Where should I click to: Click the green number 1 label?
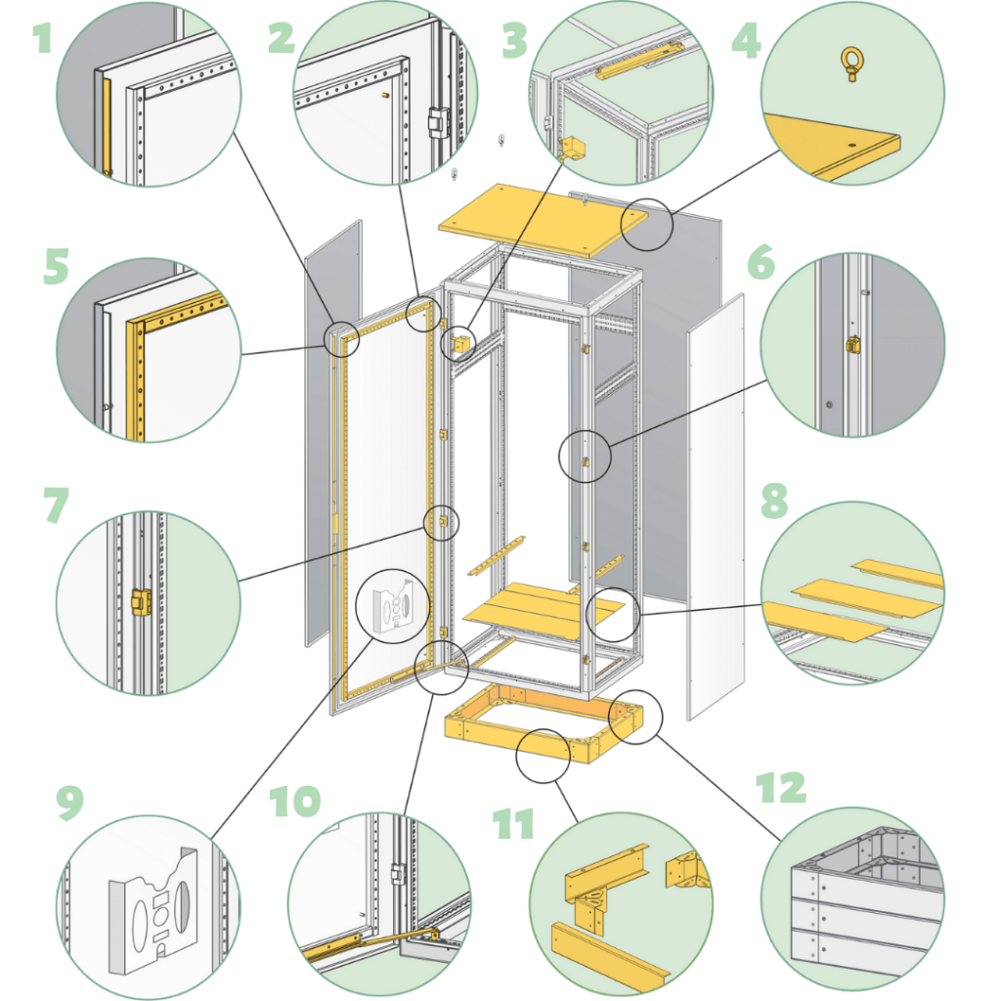pyautogui.click(x=42, y=38)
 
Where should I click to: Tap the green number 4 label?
pyautogui.click(x=746, y=41)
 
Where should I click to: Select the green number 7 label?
pyautogui.click(x=56, y=505)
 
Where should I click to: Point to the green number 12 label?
pyautogui.click(x=781, y=788)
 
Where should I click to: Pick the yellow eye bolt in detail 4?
pyautogui.click(x=852, y=65)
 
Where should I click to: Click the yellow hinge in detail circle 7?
pyautogui.click(x=141, y=601)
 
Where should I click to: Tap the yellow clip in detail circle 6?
pyautogui.click(x=852, y=345)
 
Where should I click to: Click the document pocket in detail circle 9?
pyautogui.click(x=153, y=909)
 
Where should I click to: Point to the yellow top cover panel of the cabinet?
pyautogui.click(x=544, y=220)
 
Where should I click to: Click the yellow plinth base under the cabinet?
pyautogui.click(x=544, y=722)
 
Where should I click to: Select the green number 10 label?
pyautogui.click(x=294, y=802)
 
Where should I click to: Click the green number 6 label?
pyautogui.click(x=761, y=262)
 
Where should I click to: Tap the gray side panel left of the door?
pyautogui.click(x=333, y=433)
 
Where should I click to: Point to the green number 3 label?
pyautogui.click(x=514, y=41)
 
